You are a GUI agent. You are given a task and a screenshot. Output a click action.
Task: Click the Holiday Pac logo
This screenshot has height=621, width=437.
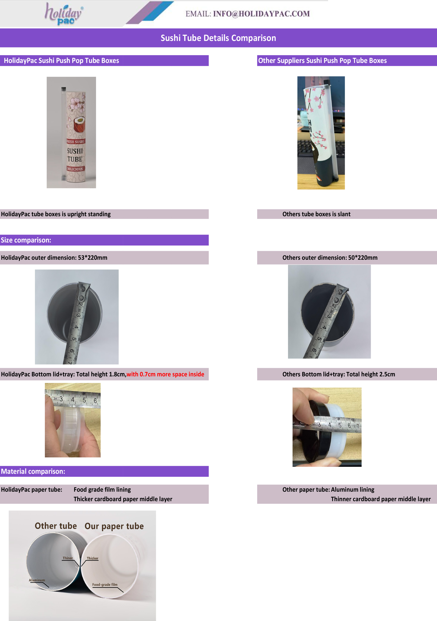pyautogui.click(x=64, y=14)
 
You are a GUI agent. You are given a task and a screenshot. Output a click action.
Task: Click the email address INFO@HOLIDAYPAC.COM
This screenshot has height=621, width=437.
pyautogui.click(x=261, y=14)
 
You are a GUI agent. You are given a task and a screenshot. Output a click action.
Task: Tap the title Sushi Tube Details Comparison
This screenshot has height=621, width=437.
pyautogui.click(x=218, y=38)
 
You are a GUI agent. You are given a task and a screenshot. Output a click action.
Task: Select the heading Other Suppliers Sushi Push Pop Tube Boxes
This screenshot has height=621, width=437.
pyautogui.click(x=322, y=61)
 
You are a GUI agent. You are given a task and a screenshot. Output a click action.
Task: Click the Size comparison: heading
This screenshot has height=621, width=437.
pyautogui.click(x=26, y=240)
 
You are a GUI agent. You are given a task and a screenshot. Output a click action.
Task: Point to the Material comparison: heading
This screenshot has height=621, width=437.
pyautogui.click(x=33, y=471)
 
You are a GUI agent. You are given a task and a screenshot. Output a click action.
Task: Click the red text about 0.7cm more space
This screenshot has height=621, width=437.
pyautogui.click(x=165, y=374)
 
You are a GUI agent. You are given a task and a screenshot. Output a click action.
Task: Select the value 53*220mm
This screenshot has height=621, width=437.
pyautogui.click(x=92, y=258)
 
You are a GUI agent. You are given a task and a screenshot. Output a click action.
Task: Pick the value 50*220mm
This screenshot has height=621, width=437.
pyautogui.click(x=363, y=258)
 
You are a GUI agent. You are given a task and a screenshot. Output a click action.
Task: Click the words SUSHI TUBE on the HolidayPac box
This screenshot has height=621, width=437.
pyautogui.click(x=75, y=155)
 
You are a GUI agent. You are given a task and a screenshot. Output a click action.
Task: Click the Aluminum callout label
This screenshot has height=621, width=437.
pyautogui.click(x=37, y=580)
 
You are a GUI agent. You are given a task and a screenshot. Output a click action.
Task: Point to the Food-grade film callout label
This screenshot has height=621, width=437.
pyautogui.click(x=105, y=585)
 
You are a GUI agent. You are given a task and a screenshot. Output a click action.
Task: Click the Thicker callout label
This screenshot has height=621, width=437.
pyautogui.click(x=92, y=558)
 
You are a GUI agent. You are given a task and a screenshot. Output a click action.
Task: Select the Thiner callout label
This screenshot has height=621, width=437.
pyautogui.click(x=68, y=558)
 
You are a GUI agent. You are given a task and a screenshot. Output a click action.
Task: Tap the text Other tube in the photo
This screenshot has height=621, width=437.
pyautogui.click(x=56, y=526)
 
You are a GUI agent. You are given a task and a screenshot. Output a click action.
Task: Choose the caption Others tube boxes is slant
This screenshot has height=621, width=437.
pyautogui.click(x=316, y=214)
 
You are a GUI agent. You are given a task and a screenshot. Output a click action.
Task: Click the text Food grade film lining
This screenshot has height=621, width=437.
pyautogui.click(x=102, y=490)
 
